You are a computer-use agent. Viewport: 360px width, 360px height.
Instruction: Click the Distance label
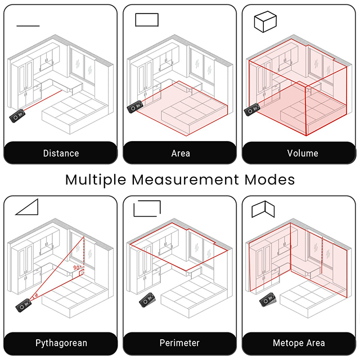(61, 153)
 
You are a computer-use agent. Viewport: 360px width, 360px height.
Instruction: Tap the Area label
(181, 153)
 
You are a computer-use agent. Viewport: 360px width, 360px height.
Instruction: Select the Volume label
(303, 153)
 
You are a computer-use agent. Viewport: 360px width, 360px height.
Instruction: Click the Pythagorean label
(61, 343)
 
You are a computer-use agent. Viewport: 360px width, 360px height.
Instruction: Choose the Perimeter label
(179, 343)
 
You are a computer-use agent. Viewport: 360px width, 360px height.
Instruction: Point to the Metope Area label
(299, 343)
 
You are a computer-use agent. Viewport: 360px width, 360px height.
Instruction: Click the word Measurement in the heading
(185, 179)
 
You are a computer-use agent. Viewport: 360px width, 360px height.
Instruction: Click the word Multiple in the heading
(96, 180)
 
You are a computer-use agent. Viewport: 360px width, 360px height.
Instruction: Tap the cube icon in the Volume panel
(265, 21)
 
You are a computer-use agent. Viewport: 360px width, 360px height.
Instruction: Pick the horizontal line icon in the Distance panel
(28, 26)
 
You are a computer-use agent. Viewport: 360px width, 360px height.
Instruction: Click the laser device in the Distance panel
(17, 116)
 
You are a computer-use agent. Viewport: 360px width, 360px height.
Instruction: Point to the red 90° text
(78, 268)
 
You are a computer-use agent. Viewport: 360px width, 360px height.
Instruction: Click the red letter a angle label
(36, 295)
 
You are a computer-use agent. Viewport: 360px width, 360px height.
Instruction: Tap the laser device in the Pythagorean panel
(24, 305)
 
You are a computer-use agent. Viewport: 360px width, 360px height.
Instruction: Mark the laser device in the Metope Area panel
(268, 300)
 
